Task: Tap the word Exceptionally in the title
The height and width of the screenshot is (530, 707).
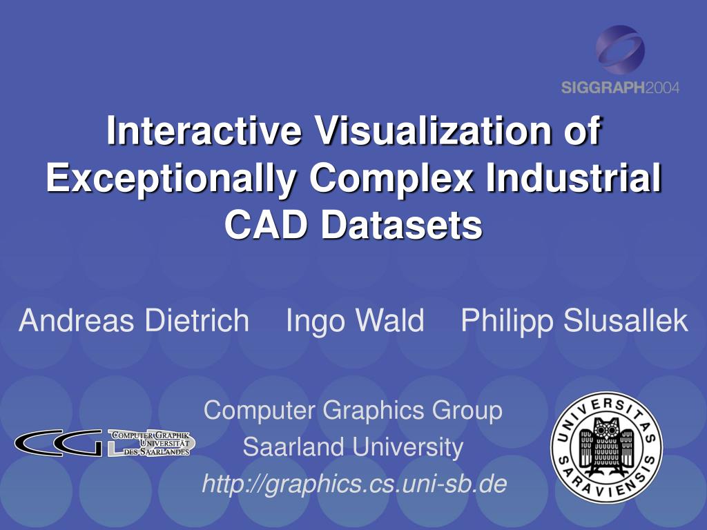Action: (x=171, y=179)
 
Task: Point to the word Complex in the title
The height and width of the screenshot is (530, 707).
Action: (x=391, y=179)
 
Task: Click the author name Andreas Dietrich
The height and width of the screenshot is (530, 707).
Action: (x=134, y=320)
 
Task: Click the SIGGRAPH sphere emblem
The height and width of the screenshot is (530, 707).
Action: (x=620, y=50)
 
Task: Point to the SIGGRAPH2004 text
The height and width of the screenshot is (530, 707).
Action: (x=620, y=88)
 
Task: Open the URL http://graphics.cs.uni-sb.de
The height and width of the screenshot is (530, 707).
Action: (x=354, y=484)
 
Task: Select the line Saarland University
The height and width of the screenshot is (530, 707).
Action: (x=353, y=447)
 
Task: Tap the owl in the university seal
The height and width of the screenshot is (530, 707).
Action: (x=606, y=447)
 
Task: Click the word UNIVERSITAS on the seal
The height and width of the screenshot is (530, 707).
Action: (x=606, y=413)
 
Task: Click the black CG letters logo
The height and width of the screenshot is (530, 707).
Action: (x=59, y=442)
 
